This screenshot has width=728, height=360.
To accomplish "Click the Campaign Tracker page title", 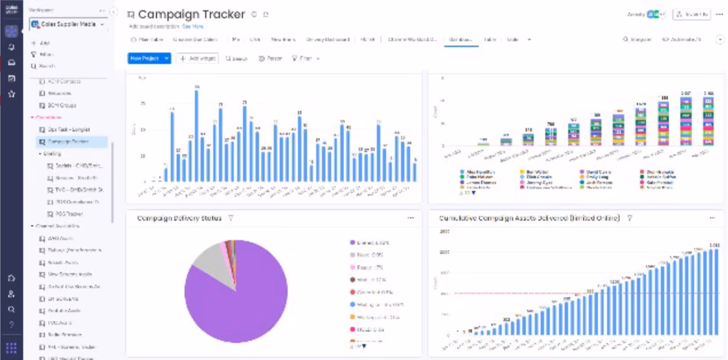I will (191, 14).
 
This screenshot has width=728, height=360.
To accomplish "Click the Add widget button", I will (198, 58).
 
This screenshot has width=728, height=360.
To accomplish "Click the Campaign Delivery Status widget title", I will (179, 218).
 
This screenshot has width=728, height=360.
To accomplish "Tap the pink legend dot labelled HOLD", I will (352, 329).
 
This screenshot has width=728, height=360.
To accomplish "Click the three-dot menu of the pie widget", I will (411, 218).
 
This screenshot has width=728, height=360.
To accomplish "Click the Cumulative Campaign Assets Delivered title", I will (529, 218).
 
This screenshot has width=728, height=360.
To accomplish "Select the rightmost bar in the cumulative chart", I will (716, 292).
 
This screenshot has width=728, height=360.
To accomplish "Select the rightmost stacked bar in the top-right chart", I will (708, 121).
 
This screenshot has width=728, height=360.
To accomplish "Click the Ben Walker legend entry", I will (537, 172).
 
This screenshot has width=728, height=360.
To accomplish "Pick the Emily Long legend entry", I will (597, 177).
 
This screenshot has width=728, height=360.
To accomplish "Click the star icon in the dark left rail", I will (11, 94).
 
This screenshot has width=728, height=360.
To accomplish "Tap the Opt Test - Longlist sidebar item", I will (68, 130).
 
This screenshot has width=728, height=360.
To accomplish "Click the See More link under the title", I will (193, 26).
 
